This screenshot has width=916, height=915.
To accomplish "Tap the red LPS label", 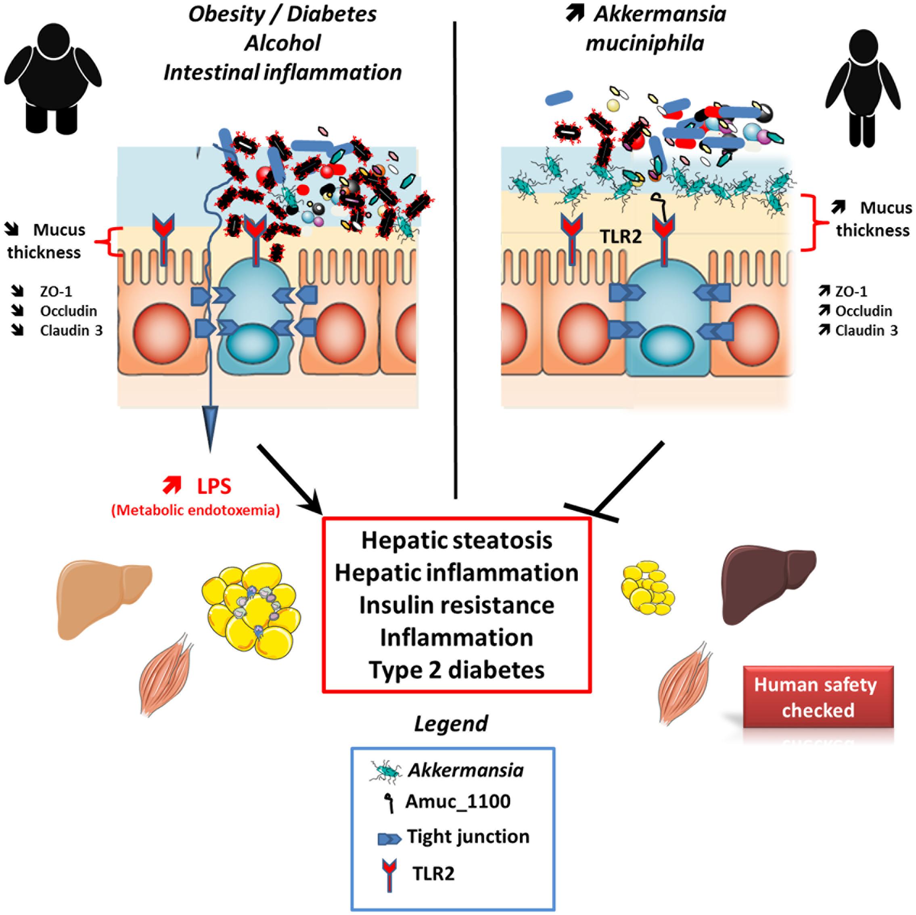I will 214,487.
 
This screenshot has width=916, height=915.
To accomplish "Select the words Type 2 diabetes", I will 456,670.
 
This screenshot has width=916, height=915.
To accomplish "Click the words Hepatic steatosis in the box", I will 456,541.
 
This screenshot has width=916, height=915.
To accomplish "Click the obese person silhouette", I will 52,78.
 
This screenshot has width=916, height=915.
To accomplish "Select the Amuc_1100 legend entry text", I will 458,801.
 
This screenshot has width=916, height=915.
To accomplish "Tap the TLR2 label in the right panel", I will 621,236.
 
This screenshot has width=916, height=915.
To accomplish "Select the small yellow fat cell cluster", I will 648,588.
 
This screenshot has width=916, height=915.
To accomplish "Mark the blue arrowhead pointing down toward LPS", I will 210,427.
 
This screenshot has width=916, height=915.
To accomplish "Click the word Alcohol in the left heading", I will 282,43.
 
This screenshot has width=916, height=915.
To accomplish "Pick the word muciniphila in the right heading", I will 645,44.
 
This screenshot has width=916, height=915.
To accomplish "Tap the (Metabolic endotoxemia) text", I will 195,510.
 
